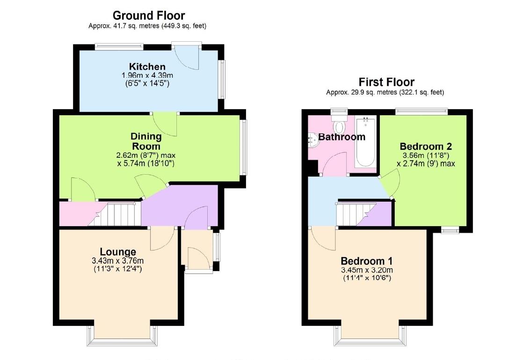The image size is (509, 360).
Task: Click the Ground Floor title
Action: coord(149,16)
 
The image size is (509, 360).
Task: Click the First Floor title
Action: coord(386,82)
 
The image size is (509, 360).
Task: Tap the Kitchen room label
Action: coord(147,67)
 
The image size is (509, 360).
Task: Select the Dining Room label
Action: coord(146,141)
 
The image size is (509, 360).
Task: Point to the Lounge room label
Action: coord(118,252)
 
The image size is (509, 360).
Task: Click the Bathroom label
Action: coord(342,137)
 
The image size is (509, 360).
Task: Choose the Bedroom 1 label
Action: coord(366,261)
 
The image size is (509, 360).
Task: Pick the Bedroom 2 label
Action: coord(426,146)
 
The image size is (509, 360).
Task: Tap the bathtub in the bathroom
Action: coord(365,143)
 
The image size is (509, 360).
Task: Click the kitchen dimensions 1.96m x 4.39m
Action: coord(147,75)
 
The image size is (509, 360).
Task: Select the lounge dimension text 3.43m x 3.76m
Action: coord(118,261)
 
